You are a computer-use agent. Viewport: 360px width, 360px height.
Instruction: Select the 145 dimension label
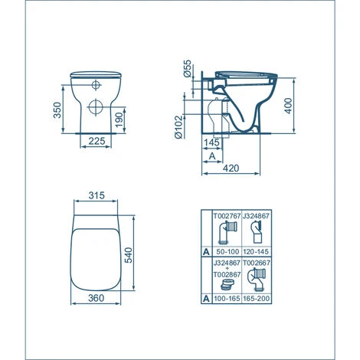[214, 141]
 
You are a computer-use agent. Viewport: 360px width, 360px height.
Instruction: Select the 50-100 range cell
[226, 251]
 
